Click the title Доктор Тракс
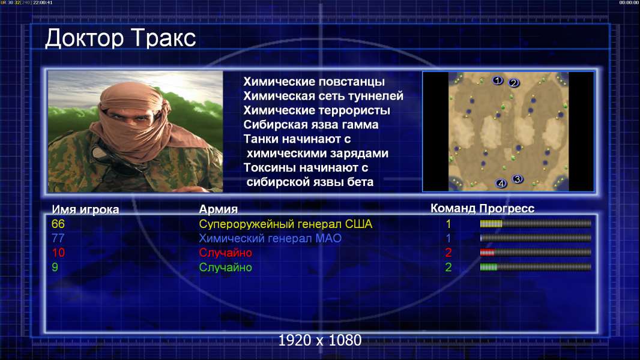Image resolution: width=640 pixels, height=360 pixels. click(x=121, y=38)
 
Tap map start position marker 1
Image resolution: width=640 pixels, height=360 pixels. click(x=497, y=80)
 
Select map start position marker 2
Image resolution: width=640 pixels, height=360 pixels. click(x=513, y=83)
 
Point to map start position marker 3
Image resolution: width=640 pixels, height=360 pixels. click(x=518, y=179)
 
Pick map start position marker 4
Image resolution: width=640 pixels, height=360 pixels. click(x=501, y=184)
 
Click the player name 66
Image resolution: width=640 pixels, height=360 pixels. click(x=58, y=224)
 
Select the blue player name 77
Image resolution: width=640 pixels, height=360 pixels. click(x=58, y=238)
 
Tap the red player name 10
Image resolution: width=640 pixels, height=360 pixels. click(x=58, y=253)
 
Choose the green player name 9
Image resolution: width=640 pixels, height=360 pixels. click(x=55, y=267)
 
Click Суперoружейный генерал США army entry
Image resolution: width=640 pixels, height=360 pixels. click(x=286, y=224)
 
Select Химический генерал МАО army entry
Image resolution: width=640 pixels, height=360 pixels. click(x=270, y=239)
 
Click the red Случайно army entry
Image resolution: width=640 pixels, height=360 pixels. click(x=225, y=253)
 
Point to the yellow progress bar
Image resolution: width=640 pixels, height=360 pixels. click(x=536, y=223)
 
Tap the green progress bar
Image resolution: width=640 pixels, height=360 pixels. click(x=536, y=267)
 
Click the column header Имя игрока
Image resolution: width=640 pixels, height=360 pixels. click(x=85, y=209)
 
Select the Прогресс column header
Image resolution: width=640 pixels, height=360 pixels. click(x=507, y=208)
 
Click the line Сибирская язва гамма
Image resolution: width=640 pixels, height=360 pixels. click(x=311, y=125)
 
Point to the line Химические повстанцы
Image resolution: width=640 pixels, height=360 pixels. click(x=314, y=82)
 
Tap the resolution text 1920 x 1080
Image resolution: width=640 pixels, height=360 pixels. click(x=320, y=340)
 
